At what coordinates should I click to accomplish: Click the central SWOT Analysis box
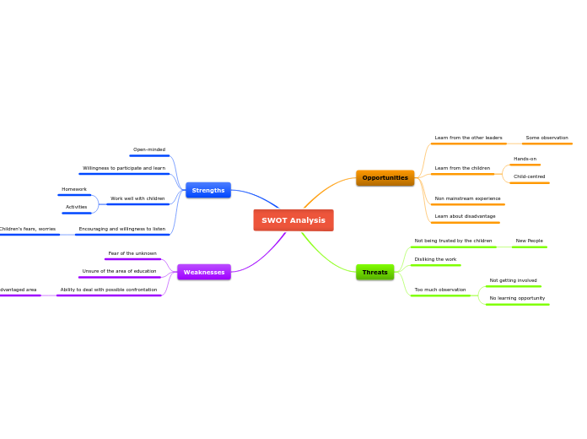pos(293,220)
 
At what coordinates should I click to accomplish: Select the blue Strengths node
pos(208,190)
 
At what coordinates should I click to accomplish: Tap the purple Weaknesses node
pos(204,272)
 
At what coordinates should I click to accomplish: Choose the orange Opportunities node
pos(385,177)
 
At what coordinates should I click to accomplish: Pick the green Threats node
pos(374,272)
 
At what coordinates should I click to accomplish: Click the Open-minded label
pos(149,149)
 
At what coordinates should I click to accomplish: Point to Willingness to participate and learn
pos(124,168)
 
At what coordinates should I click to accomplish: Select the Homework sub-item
pos(74,189)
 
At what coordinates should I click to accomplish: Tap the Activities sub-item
pos(76,207)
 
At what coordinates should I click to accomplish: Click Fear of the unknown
pos(132,253)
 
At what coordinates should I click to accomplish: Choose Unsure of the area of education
pos(119,271)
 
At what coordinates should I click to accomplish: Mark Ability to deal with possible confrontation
pos(109,290)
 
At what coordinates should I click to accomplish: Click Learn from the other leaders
pos(468,138)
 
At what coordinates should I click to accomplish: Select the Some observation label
pos(547,138)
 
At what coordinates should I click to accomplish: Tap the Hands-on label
pos(525,159)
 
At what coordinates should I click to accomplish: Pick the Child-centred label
pos(529,176)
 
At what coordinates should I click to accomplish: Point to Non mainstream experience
pos(467,198)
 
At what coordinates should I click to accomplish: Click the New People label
pos(529,241)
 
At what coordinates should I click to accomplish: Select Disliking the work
pos(435,259)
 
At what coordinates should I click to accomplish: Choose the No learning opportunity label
pos(517,298)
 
